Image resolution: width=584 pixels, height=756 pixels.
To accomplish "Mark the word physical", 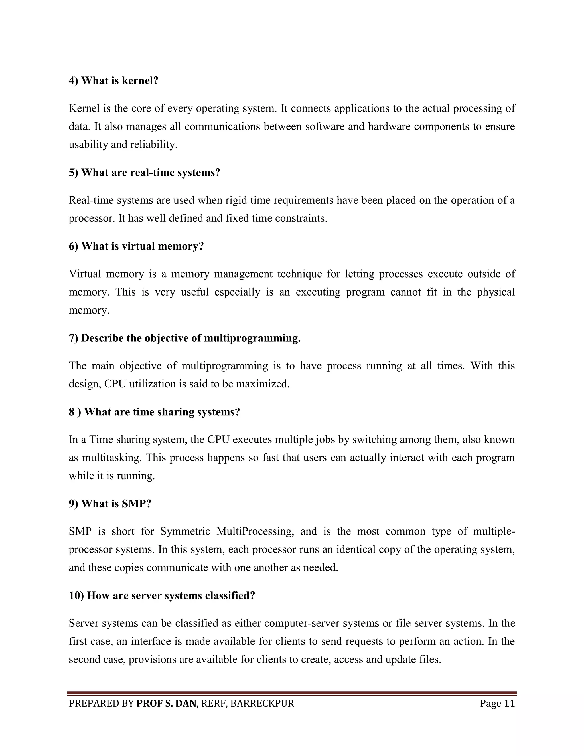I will [496, 292].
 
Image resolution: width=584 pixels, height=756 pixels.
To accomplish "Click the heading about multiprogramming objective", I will [184, 338].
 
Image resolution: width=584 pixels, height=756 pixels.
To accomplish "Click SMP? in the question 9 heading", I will [137, 504].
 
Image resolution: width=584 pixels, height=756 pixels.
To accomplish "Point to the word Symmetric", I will [185, 531].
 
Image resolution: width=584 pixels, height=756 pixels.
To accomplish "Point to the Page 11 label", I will [497, 704].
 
